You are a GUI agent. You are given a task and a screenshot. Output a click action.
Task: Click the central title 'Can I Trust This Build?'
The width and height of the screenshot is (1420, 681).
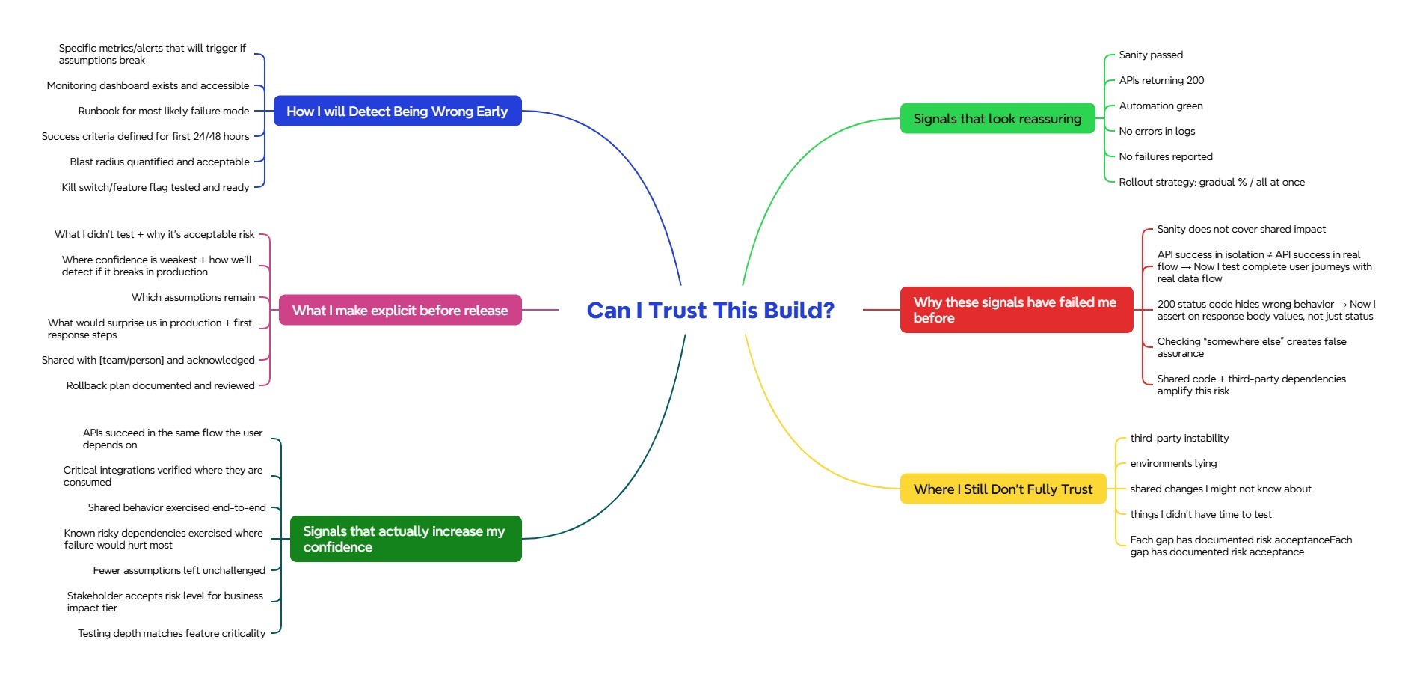click(710, 310)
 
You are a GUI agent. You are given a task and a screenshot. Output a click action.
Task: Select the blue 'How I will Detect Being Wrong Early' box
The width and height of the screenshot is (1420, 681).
click(397, 112)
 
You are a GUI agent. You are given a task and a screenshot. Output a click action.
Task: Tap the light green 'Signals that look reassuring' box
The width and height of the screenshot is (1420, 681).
click(997, 119)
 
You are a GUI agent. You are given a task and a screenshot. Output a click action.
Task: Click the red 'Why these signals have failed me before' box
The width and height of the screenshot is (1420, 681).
click(1015, 310)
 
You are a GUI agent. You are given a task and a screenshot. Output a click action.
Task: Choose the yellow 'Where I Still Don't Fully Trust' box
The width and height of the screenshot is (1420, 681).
click(1002, 489)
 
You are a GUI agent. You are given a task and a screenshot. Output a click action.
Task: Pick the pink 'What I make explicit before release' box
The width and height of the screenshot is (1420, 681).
click(399, 311)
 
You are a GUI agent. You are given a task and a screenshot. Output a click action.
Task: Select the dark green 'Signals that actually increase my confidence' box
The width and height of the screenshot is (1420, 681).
click(405, 539)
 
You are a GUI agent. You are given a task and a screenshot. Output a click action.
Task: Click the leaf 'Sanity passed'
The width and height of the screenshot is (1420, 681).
click(1150, 55)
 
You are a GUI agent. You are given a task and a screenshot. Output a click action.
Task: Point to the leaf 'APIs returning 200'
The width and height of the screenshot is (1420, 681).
click(1161, 81)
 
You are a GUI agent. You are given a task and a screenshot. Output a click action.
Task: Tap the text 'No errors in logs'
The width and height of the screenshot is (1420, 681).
click(1156, 132)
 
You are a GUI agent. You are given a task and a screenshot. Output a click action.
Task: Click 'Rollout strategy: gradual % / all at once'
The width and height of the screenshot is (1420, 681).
click(1211, 183)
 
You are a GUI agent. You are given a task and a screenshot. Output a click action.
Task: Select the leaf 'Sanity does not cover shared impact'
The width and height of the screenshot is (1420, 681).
click(1241, 230)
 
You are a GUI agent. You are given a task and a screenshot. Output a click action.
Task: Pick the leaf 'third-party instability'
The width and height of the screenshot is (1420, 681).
click(1178, 439)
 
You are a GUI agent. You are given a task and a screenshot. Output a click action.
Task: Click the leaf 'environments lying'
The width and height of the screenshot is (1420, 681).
click(1172, 464)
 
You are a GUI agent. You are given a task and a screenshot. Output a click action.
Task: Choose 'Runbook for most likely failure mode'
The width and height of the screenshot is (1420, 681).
click(164, 112)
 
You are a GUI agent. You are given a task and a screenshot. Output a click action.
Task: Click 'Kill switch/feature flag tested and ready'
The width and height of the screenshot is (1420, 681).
click(156, 188)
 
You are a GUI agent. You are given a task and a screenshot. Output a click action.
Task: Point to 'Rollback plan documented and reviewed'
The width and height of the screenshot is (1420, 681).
click(161, 386)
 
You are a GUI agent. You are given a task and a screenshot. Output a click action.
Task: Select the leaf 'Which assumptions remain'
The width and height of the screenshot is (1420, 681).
click(194, 298)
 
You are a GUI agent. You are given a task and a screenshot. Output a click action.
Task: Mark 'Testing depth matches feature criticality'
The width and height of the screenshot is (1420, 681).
click(172, 634)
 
